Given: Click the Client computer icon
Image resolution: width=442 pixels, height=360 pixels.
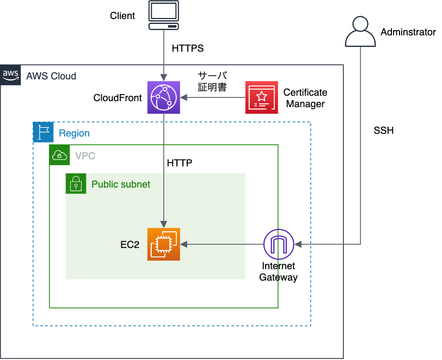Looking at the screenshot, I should [x=164, y=16].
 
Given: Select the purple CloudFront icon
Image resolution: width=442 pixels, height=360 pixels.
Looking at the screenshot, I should [x=163, y=97].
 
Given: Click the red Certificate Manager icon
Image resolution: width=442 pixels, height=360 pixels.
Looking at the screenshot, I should [x=261, y=97].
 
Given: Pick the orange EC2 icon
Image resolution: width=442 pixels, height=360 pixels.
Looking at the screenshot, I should [x=163, y=245].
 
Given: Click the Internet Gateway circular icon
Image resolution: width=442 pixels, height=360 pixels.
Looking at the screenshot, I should [x=279, y=245].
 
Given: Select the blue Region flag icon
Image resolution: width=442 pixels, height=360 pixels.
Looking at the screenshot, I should [x=43, y=132].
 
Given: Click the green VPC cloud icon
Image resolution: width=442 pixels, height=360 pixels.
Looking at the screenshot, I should [x=59, y=155].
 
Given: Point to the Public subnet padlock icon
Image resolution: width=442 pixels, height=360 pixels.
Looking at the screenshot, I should [x=76, y=184].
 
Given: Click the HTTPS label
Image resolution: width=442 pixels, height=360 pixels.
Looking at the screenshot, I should [x=187, y=48].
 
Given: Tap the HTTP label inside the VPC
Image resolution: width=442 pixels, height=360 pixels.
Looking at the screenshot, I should [x=180, y=163].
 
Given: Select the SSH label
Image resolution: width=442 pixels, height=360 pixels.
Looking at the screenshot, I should [x=383, y=131].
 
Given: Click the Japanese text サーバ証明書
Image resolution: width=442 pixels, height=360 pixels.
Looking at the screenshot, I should [x=212, y=81].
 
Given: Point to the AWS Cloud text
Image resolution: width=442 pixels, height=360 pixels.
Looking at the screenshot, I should [x=51, y=76].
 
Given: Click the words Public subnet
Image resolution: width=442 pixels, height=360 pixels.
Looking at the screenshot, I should [x=121, y=184].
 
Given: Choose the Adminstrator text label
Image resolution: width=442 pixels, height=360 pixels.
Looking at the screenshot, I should [x=408, y=32].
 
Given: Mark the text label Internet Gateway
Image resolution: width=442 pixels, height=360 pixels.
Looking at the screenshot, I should [x=278, y=271].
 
